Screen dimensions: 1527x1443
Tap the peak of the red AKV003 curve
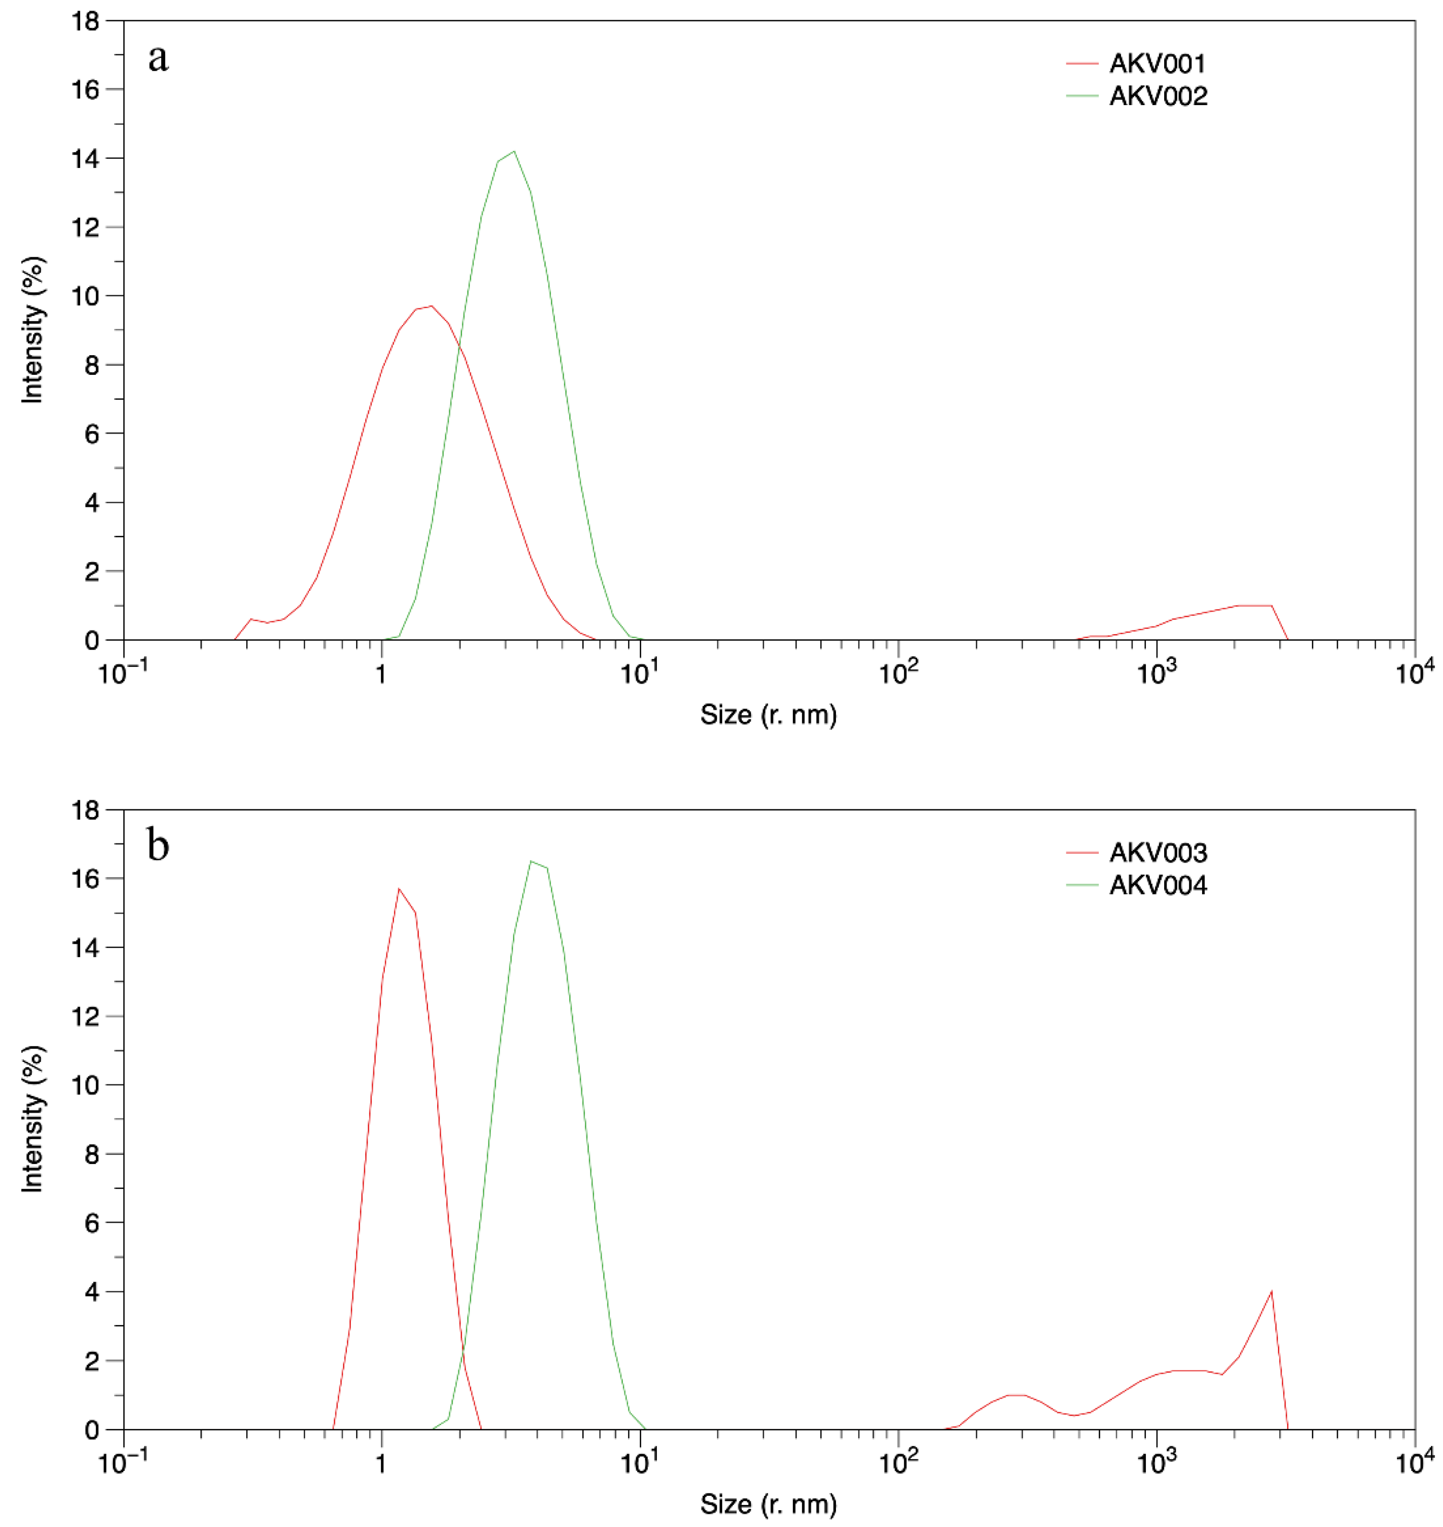[398, 889]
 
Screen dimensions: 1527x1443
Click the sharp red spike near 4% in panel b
[1272, 1292]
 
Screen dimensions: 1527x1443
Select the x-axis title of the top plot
[768, 715]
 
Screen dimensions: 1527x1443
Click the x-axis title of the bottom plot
[768, 1504]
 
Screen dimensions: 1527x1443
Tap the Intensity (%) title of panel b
[32, 1119]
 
